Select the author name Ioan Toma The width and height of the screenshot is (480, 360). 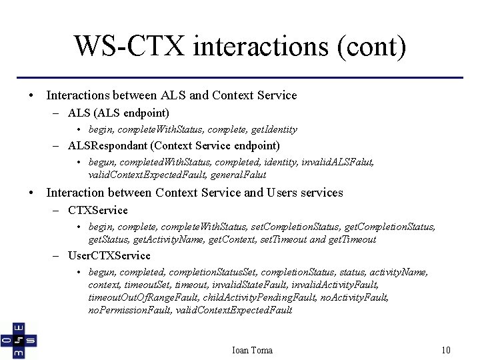click(251, 350)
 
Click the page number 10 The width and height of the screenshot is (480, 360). click(447, 350)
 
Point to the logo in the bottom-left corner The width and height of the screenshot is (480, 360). click(19, 340)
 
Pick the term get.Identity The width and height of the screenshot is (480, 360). click(271, 129)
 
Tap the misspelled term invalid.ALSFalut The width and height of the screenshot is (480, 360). click(337, 162)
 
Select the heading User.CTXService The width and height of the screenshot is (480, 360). click(109, 256)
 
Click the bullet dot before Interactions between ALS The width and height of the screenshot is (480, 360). click(32, 96)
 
